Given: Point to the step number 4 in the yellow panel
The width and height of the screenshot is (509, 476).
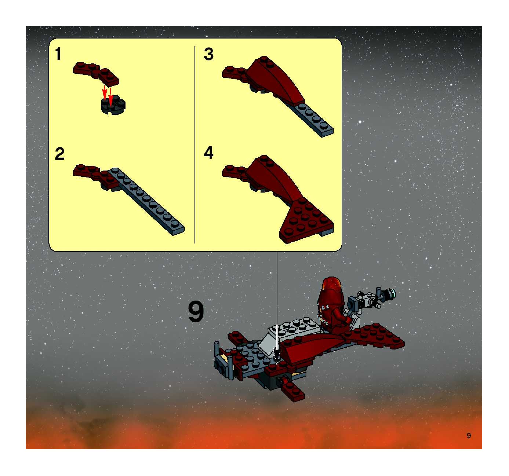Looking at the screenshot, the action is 209,153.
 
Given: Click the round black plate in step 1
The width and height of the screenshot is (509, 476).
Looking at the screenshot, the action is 113,105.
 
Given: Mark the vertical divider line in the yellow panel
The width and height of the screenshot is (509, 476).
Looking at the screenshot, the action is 195,145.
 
